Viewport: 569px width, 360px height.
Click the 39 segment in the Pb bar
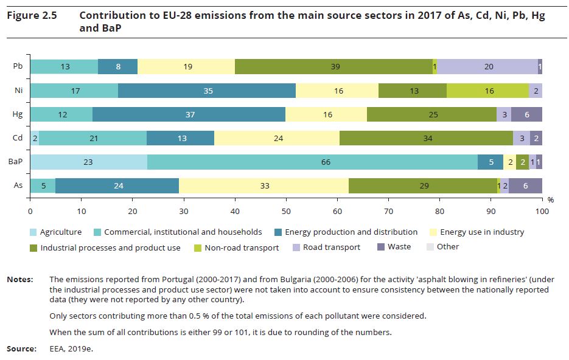(x=335, y=67)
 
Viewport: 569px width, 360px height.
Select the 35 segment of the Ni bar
(x=207, y=91)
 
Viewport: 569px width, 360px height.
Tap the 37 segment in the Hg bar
(x=189, y=114)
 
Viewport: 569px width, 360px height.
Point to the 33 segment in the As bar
(x=264, y=185)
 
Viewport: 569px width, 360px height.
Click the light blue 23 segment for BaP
(x=89, y=161)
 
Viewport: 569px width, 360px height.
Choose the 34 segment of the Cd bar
(x=427, y=138)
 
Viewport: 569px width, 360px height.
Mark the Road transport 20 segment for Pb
(x=488, y=67)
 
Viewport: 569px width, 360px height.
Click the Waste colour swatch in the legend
(x=382, y=247)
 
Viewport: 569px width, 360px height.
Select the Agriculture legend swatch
(x=34, y=232)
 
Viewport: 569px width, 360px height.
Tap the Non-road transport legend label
(x=242, y=247)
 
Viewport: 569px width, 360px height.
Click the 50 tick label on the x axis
(x=286, y=211)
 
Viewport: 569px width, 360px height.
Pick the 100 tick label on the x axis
(x=541, y=211)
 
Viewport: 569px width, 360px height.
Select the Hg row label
(x=18, y=114)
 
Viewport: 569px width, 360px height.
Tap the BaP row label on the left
(x=16, y=162)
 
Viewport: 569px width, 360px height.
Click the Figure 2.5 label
(x=31, y=16)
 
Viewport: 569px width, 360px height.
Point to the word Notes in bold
(x=19, y=280)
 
